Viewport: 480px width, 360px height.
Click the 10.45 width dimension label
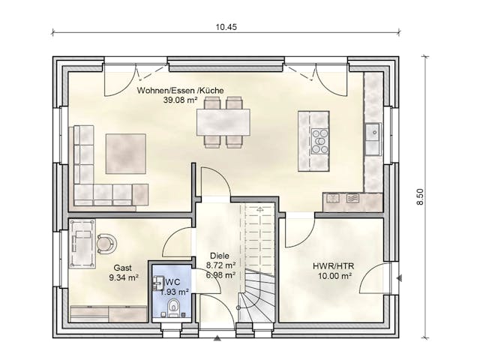pyautogui.click(x=226, y=26)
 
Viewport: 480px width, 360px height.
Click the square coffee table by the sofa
pyautogui.click(x=125, y=153)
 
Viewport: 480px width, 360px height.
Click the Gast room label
pyautogui.click(x=123, y=267)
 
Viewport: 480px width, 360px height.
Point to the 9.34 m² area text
pyautogui.click(x=124, y=277)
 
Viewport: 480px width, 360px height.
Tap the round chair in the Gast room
pyautogui.click(x=106, y=242)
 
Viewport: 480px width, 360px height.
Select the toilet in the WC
pyautogui.click(x=174, y=307)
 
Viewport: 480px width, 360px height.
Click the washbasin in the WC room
pyautogui.click(x=158, y=283)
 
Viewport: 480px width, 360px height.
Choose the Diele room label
pyautogui.click(x=220, y=254)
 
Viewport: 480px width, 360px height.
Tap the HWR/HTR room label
pyautogui.click(x=331, y=265)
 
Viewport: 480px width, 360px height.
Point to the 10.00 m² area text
pyautogui.click(x=332, y=276)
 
